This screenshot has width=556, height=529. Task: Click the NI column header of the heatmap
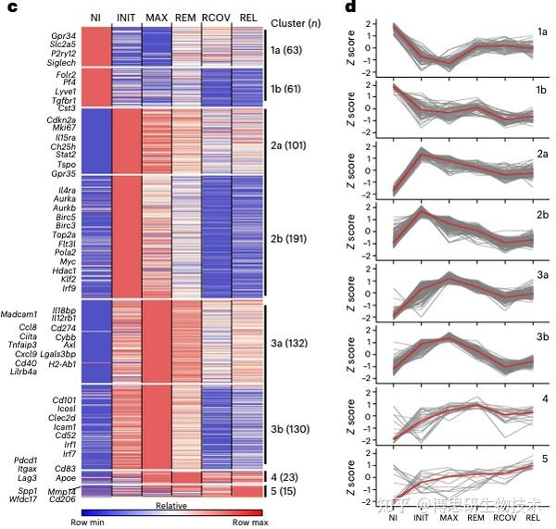[95, 19]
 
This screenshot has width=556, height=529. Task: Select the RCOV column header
[216, 19]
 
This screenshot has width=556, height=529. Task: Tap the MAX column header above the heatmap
[156, 19]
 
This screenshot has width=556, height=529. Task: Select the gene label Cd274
[64, 326]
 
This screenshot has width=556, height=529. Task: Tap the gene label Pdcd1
[24, 459]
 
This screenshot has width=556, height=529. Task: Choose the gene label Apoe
[65, 478]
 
